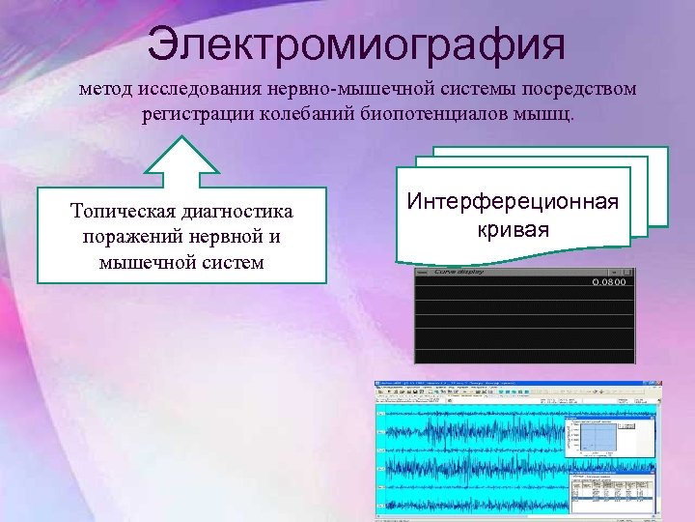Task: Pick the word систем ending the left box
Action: coord(230,261)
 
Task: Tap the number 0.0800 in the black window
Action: coord(607,282)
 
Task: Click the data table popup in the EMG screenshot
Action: coord(611,492)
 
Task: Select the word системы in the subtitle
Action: coord(485,90)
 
